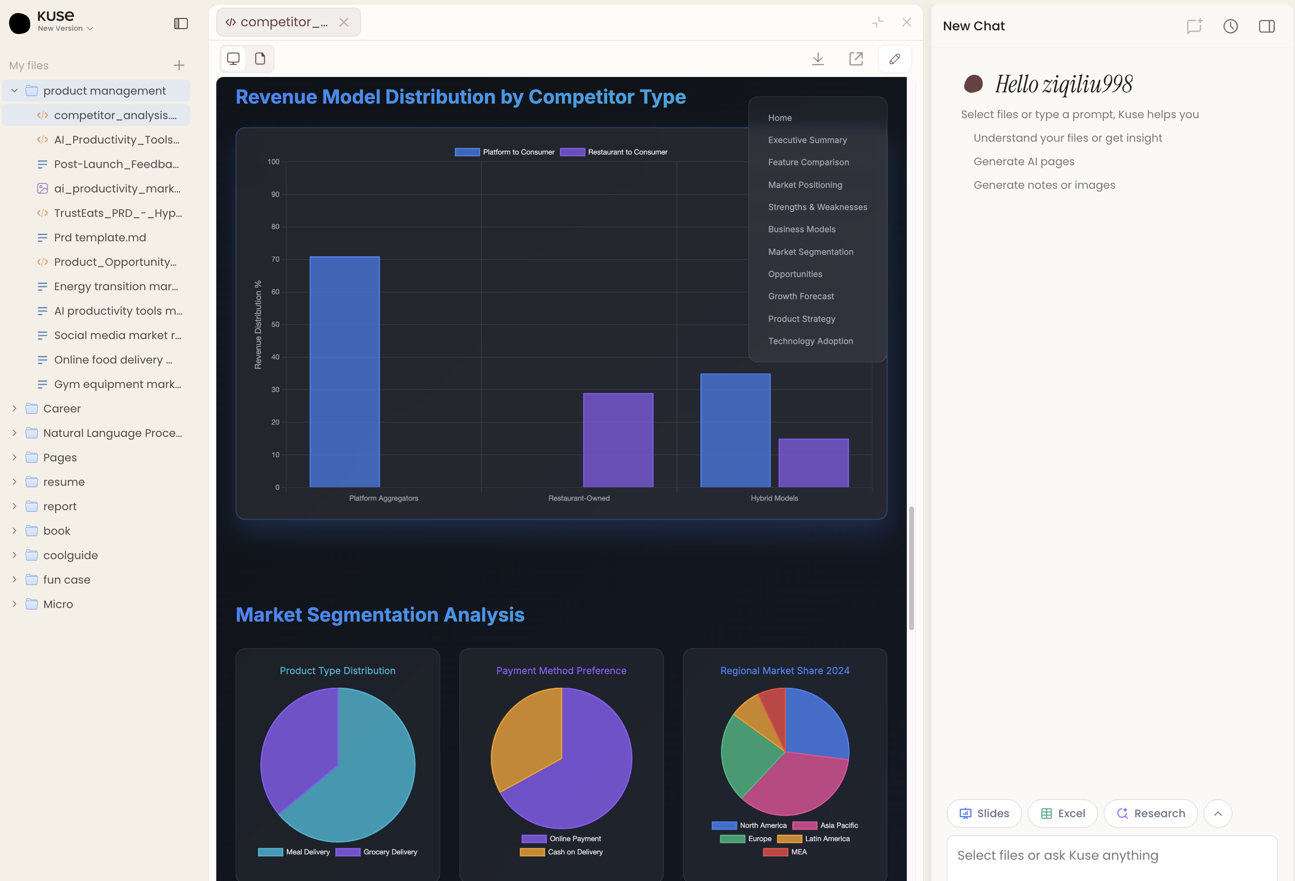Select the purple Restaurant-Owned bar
[618, 440]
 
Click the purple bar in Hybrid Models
[813, 463]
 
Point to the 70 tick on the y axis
[275, 259]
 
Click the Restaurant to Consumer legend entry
[614, 152]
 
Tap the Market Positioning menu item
[805, 185]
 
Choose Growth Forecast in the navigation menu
[801, 296]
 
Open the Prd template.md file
[100, 238]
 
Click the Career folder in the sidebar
[62, 409]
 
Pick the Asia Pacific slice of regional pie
[797, 783]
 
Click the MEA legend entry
[786, 852]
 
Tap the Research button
[1150, 813]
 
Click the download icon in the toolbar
[818, 58]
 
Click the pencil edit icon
[895, 58]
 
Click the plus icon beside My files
[179, 65]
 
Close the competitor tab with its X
[344, 22]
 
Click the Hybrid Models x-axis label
[774, 498]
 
